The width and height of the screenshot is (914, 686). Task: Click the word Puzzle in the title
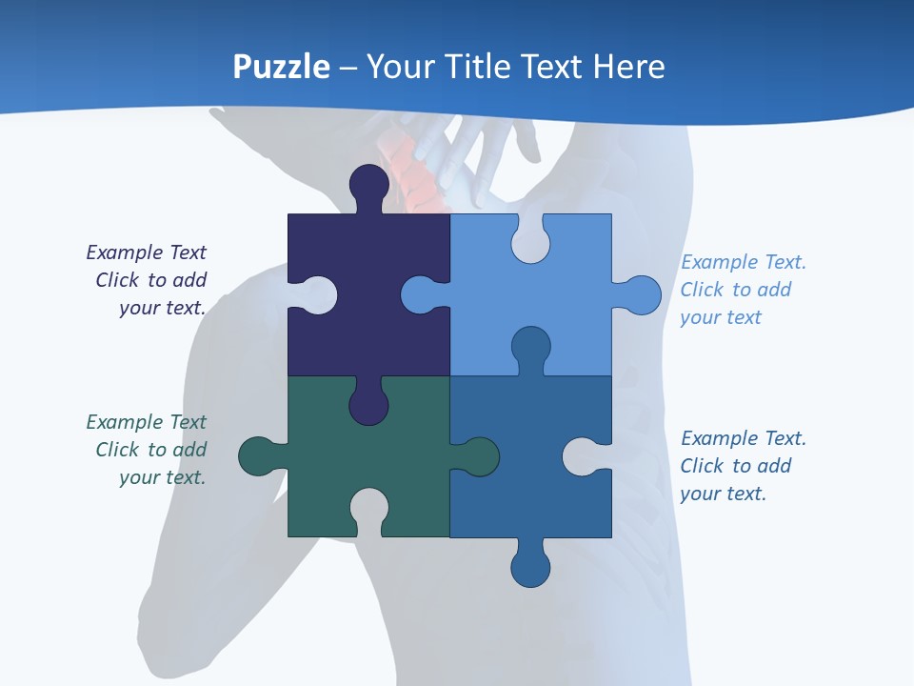pos(282,67)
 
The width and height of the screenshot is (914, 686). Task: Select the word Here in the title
pos(628,67)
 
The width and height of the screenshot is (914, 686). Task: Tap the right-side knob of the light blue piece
pos(640,295)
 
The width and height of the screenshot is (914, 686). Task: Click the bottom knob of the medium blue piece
pos(530,566)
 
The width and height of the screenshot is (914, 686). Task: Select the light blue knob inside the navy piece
pos(422,295)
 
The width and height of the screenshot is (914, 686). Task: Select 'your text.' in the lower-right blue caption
pos(723,494)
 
